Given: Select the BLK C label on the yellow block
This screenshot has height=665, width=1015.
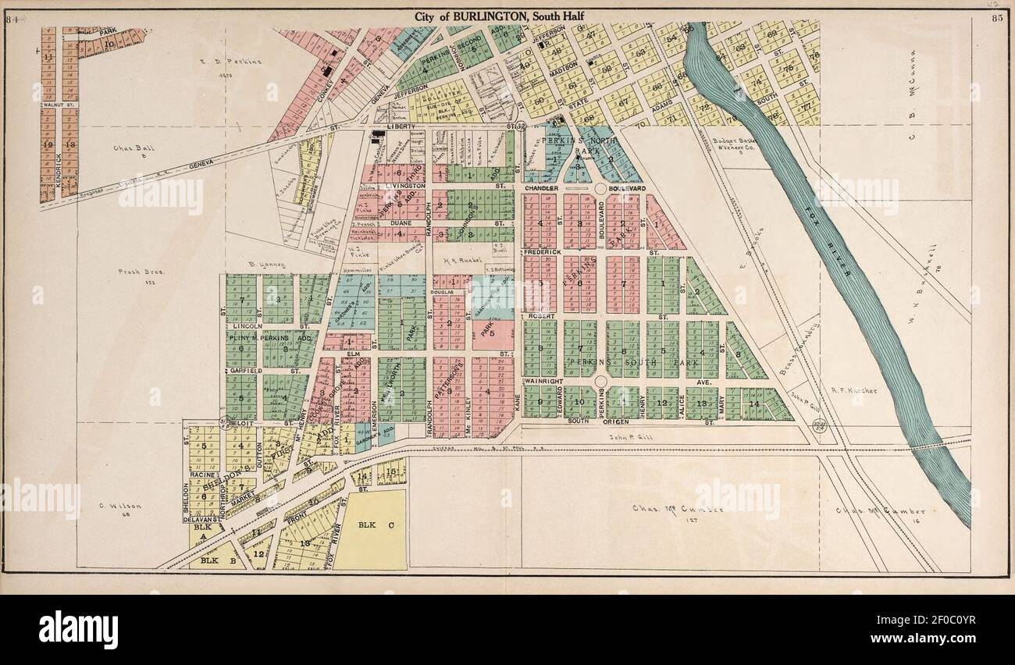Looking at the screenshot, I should tap(372, 525).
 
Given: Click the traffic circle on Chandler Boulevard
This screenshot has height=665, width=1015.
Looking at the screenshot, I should tap(601, 188).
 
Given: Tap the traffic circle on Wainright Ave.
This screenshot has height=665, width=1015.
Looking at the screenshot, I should tap(600, 381).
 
